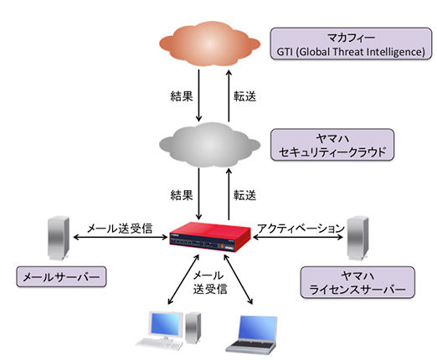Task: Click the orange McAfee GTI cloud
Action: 210,44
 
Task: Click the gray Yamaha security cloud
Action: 210,145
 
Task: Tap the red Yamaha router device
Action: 210,237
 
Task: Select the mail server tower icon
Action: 58,239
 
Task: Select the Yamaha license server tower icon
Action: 357,238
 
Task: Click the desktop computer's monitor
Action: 166,325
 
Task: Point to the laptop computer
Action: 252,335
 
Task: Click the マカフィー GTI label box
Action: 351,44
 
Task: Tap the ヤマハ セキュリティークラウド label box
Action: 332,145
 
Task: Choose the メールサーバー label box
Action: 61,276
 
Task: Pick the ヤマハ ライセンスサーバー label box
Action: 357,282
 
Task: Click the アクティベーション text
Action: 301,229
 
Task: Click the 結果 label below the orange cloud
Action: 182,96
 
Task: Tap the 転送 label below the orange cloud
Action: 244,96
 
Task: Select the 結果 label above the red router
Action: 182,195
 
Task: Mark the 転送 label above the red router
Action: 244,195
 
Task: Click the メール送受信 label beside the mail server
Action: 120,229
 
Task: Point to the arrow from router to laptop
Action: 238,279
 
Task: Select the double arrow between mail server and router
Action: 121,238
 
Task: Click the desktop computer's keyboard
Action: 160,343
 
